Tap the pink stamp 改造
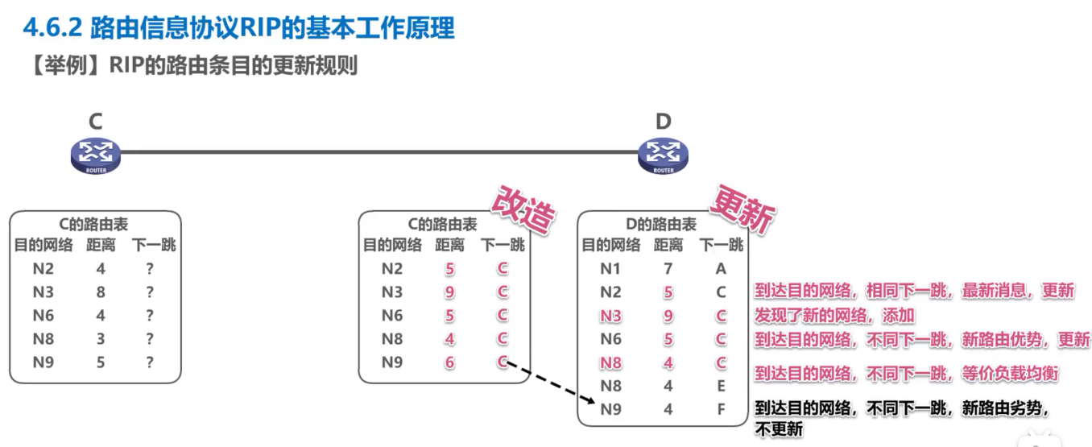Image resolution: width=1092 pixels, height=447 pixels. click(x=525, y=211)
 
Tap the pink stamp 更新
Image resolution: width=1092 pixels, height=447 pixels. click(x=742, y=212)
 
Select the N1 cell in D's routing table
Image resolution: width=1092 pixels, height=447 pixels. click(x=610, y=269)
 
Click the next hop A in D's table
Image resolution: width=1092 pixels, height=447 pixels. click(x=721, y=269)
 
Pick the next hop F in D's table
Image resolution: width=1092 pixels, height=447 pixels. click(x=721, y=409)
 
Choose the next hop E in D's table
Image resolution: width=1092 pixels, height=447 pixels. click(x=721, y=386)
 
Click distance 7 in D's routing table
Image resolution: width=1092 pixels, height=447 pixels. click(x=668, y=269)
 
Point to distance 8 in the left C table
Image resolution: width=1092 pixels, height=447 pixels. click(x=101, y=292)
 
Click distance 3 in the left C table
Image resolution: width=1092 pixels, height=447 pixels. click(x=101, y=339)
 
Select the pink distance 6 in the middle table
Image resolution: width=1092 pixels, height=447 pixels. click(x=449, y=363)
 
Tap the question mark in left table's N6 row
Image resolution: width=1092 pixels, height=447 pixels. click(x=150, y=316)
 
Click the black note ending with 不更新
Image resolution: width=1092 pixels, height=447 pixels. click(x=902, y=418)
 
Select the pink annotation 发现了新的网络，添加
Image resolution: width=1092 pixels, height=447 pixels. click(x=834, y=315)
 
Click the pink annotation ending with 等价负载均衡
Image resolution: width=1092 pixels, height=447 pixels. click(x=906, y=374)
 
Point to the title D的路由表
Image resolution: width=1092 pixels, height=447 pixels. click(x=662, y=225)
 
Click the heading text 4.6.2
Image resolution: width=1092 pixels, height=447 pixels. click(x=52, y=28)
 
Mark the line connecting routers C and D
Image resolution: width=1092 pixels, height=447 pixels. click(x=378, y=151)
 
